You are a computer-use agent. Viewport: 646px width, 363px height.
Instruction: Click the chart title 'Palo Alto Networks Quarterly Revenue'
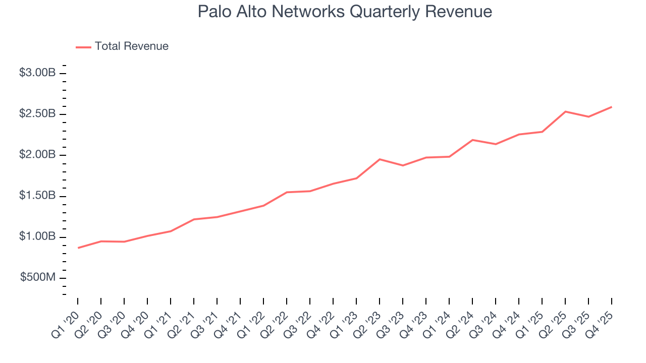click(x=345, y=12)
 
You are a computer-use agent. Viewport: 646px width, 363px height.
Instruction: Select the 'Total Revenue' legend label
click(x=131, y=46)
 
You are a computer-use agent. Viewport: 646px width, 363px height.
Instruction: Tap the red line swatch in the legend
click(x=83, y=47)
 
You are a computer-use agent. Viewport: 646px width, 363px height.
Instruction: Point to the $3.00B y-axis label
click(x=37, y=73)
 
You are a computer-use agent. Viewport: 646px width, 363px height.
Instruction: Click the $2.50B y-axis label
click(x=37, y=114)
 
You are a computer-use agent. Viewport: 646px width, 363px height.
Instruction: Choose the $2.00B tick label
click(x=37, y=155)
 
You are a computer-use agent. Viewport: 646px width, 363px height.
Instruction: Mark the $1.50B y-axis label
click(x=37, y=196)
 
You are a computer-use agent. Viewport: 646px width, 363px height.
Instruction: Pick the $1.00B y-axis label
click(x=37, y=236)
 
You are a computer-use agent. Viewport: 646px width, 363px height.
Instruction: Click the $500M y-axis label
click(x=38, y=277)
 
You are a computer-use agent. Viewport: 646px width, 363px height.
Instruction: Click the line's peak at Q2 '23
click(x=380, y=159)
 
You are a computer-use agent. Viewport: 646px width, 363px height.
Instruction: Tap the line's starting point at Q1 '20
click(x=78, y=248)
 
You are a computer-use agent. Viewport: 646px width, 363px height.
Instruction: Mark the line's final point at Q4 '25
click(x=612, y=107)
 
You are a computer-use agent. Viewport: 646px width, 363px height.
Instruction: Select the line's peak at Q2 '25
click(x=565, y=111)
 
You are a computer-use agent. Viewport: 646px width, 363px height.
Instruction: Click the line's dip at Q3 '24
click(x=496, y=144)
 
